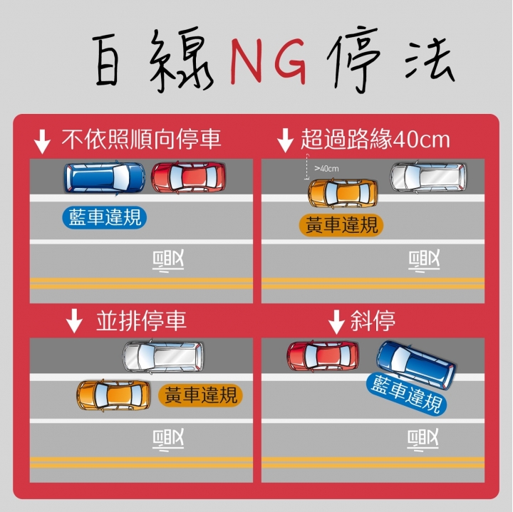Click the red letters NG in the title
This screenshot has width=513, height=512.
click(x=269, y=61)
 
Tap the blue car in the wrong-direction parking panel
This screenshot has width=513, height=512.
click(x=105, y=178)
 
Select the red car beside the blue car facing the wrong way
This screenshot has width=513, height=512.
click(x=188, y=177)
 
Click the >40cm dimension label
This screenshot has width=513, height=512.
click(x=326, y=168)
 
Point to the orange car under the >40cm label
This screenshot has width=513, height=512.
click(x=343, y=193)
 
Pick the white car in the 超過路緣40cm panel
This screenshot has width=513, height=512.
click(x=428, y=177)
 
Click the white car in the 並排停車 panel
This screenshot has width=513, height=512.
click(x=163, y=356)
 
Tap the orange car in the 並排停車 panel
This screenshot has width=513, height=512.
click(x=113, y=395)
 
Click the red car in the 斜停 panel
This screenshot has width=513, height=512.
click(x=323, y=356)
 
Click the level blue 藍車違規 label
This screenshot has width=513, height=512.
click(x=104, y=217)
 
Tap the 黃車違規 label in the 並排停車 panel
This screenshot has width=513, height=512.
click(x=200, y=395)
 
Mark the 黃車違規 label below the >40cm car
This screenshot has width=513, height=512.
click(x=341, y=225)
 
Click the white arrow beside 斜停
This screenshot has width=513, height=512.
click(x=336, y=322)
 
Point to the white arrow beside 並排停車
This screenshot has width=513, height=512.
click(x=74, y=320)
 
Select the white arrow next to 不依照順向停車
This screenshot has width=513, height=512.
click(x=42, y=142)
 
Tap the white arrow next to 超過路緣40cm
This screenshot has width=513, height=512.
click(x=285, y=140)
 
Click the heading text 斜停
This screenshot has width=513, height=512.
click(x=373, y=320)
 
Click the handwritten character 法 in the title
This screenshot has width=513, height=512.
click(x=429, y=59)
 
